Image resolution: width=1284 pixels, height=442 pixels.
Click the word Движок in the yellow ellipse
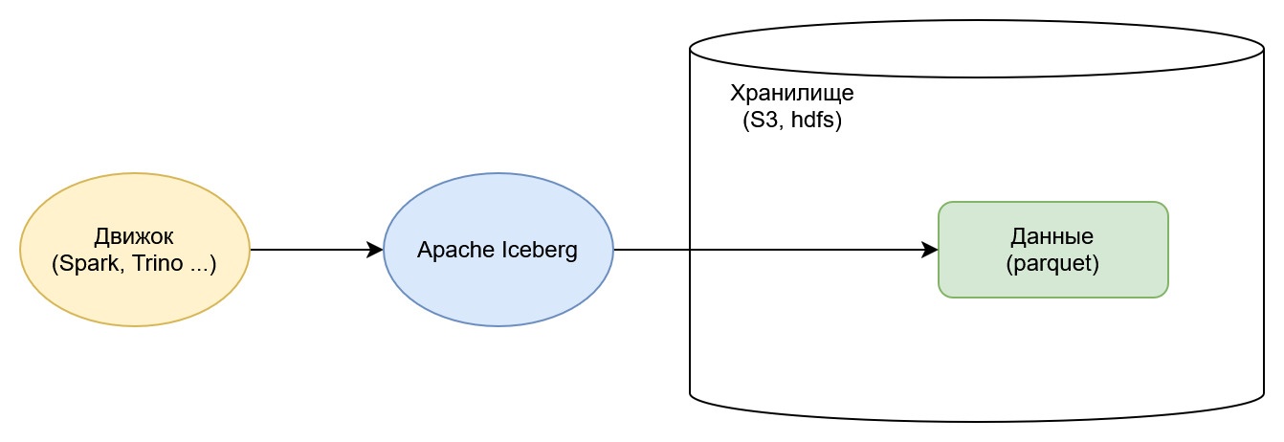click(134, 236)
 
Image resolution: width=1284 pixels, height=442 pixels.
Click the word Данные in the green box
click(1052, 235)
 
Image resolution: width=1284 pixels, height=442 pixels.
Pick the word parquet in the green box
click(1052, 263)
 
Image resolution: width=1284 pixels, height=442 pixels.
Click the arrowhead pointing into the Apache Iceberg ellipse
click(375, 250)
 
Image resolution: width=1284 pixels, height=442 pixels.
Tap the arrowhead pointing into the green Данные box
click(929, 250)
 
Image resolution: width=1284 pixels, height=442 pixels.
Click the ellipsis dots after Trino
click(198, 265)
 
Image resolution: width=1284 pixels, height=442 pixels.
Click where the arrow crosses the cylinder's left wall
click(690, 250)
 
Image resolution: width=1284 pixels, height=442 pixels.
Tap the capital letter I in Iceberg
click(500, 251)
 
